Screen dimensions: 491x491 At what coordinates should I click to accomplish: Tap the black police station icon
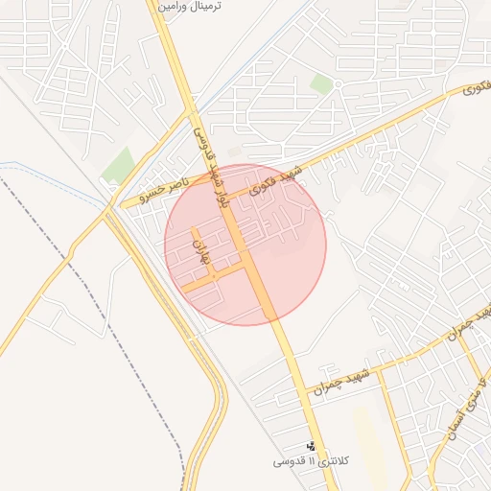(311, 446)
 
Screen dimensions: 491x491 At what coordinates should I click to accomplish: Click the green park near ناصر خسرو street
(119, 164)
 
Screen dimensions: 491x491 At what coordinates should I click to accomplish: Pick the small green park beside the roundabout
(321, 84)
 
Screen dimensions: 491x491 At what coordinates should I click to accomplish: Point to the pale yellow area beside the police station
(366, 432)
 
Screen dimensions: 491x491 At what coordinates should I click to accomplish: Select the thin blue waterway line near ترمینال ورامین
(230, 77)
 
